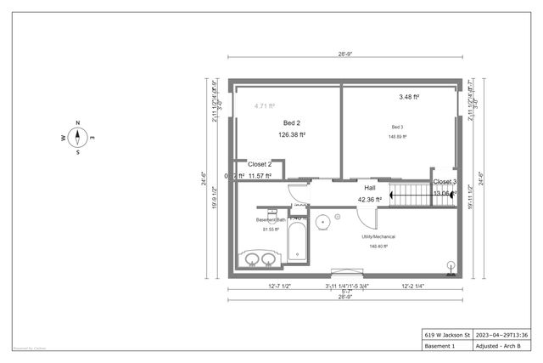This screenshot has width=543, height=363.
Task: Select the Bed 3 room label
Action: click(x=397, y=127)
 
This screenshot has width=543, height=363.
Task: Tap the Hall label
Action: click(x=369, y=188)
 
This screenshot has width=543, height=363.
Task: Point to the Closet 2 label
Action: click(x=259, y=164)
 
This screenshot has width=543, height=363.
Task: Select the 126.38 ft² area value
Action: click(x=292, y=134)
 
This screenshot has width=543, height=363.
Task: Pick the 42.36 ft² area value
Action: click(x=369, y=200)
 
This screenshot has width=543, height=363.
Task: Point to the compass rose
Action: click(x=77, y=138)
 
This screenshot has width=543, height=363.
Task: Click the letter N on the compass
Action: click(x=77, y=122)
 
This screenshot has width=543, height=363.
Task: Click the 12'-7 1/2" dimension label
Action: click(x=280, y=286)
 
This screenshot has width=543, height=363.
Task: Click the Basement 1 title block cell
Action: click(x=442, y=347)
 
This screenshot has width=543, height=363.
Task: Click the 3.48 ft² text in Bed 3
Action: click(x=409, y=97)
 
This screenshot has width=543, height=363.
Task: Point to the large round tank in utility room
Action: click(x=323, y=223)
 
